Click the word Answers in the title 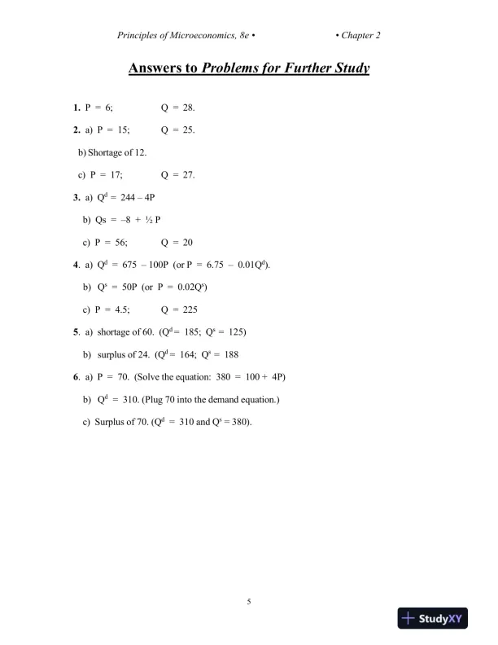click(x=159, y=68)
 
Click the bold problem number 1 click(x=76, y=107)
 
